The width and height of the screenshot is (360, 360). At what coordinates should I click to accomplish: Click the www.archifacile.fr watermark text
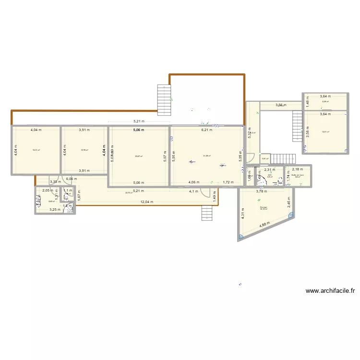coord(330,291)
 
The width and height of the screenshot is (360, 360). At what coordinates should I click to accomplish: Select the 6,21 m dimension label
coord(207,130)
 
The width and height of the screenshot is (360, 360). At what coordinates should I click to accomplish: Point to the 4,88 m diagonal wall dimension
coord(264,226)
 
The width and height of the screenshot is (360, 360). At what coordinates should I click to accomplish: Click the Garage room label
coord(263,207)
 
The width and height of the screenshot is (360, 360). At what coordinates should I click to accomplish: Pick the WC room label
coord(270,175)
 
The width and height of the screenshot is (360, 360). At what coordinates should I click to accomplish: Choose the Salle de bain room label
coord(298,175)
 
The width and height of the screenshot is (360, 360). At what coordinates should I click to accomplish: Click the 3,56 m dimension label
coord(280,105)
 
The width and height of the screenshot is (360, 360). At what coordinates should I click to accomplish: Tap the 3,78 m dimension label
coord(261,192)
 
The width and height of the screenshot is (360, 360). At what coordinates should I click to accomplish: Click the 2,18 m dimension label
coord(298,169)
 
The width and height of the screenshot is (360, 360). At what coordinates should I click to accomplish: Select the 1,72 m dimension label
coord(228,182)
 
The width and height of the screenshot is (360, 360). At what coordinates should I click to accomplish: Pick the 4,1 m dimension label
coord(193,192)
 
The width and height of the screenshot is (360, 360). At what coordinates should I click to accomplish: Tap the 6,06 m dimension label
coord(71,179)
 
